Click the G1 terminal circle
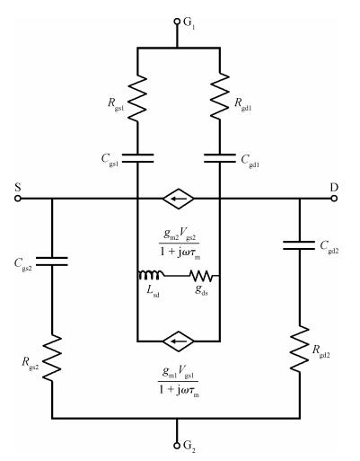pyautogui.click(x=177, y=22)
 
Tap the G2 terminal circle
pyautogui.click(x=177, y=445)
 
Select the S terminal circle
pyautogui.click(x=18, y=199)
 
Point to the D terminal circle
pyautogui.click(x=334, y=199)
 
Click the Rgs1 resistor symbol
pyautogui.click(x=137, y=98)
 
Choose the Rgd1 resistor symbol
pyautogui.click(x=220, y=97)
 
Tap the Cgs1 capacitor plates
pyautogui.click(x=137, y=158)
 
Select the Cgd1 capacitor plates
pyautogui.click(x=220, y=158)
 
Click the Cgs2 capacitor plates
pyautogui.click(x=52, y=262)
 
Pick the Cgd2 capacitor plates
pyautogui.click(x=299, y=245)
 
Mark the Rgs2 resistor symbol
pyautogui.click(x=52, y=359)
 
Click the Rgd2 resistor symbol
pyautogui.click(x=299, y=350)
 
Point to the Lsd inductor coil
pyautogui.click(x=151, y=275)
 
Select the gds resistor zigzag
pyautogui.click(x=202, y=276)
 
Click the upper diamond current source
pyautogui.click(x=179, y=199)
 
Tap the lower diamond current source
pyautogui.click(x=179, y=341)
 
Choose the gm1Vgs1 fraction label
pyautogui.click(x=179, y=381)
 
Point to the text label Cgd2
pyautogui.click(x=329, y=246)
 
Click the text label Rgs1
pyautogui.click(x=116, y=104)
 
